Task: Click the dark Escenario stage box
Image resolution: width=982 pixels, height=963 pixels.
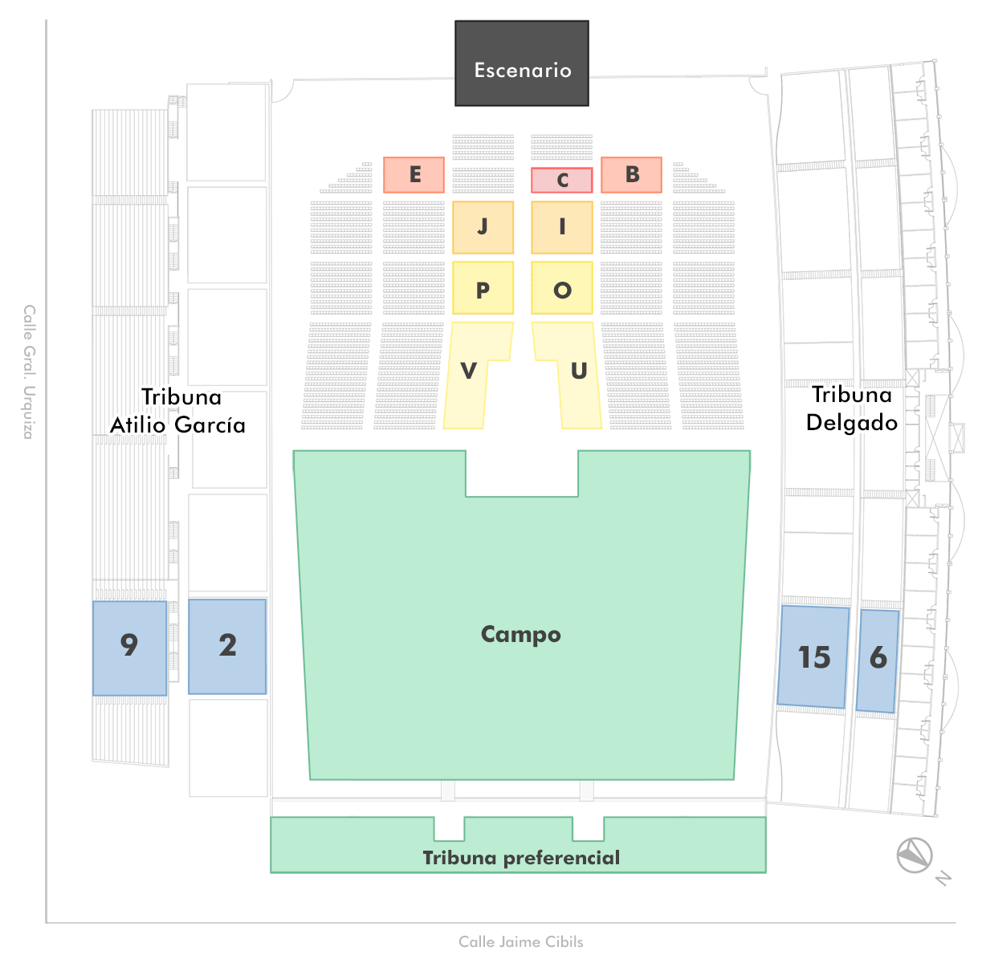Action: pyautogui.click(x=522, y=63)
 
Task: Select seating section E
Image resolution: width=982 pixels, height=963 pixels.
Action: pyautogui.click(x=414, y=175)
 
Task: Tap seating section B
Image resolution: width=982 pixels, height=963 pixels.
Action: pyautogui.click(x=632, y=175)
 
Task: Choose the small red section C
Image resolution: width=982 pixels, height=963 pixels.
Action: pyautogui.click(x=562, y=181)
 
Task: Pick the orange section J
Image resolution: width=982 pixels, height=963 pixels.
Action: pyautogui.click(x=483, y=227)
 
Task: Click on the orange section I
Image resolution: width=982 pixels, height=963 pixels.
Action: pyautogui.click(x=562, y=227)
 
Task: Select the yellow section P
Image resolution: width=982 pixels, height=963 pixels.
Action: pyautogui.click(x=483, y=288)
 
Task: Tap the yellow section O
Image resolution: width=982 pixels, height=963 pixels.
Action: pyautogui.click(x=562, y=288)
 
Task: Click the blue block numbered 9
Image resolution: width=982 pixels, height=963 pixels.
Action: pyautogui.click(x=129, y=648)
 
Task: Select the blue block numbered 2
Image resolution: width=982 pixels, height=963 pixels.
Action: pyautogui.click(x=227, y=646)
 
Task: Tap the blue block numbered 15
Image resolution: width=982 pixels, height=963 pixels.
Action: pyautogui.click(x=813, y=656)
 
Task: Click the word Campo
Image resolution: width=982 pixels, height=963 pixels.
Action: pyautogui.click(x=521, y=634)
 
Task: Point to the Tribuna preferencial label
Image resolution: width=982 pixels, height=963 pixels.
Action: pyautogui.click(x=521, y=858)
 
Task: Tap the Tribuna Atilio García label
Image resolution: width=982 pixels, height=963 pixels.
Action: pyautogui.click(x=178, y=411)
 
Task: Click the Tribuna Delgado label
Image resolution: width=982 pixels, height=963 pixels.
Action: pyautogui.click(x=852, y=408)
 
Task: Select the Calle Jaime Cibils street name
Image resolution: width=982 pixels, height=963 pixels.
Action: pyautogui.click(x=521, y=941)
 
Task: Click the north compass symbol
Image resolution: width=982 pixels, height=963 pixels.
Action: pyautogui.click(x=915, y=855)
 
